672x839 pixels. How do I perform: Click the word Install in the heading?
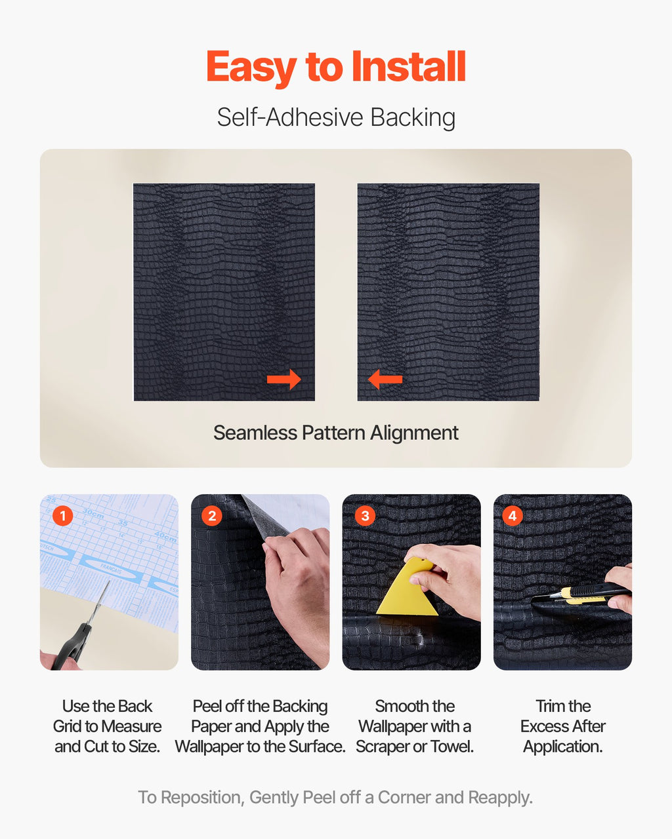point(408,66)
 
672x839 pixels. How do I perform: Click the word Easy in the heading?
point(251,69)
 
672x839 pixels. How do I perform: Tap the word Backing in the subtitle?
point(413,118)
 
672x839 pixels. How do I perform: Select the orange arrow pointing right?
point(284,380)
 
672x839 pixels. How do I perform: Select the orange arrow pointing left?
point(385,380)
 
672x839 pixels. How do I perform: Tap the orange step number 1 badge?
point(63,516)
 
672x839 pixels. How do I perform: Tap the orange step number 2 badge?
point(212,516)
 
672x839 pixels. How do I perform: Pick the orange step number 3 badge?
point(365,516)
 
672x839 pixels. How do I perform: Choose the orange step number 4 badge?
point(513,516)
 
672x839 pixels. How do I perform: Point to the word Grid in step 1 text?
point(68,726)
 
